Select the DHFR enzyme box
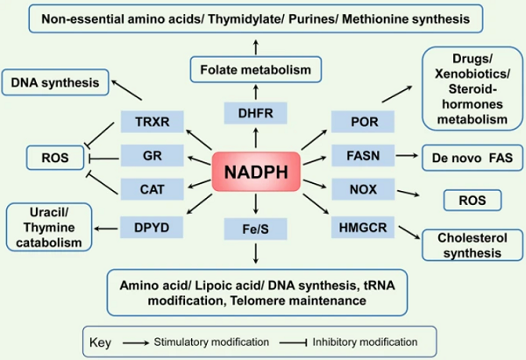pyautogui.click(x=254, y=113)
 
